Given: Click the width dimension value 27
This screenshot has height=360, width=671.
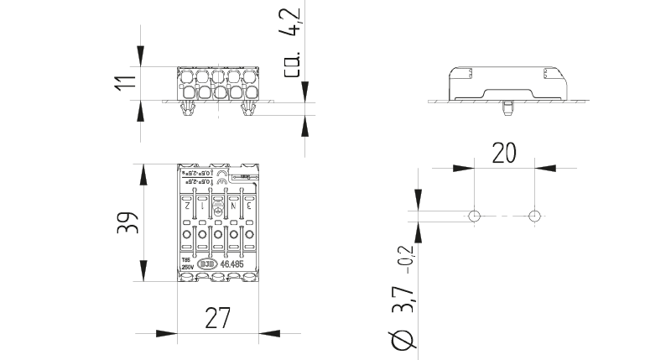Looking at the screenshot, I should coord(217,319).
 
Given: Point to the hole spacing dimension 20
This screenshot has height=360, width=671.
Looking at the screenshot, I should coord(504,152).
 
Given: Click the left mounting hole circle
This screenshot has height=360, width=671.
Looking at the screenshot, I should coord(475,216).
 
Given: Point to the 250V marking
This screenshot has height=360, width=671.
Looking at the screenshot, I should coord(187,267).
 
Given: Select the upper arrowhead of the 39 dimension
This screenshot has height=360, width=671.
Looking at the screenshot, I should coord(143,172).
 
